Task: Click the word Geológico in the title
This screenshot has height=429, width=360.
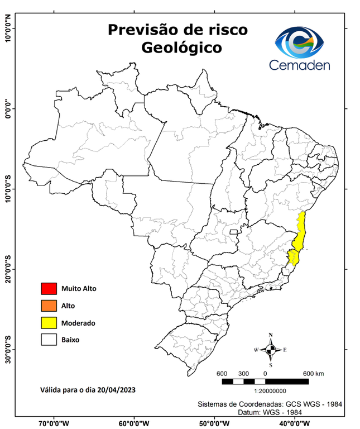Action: click(x=181, y=48)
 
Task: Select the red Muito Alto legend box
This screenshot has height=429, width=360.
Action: click(x=49, y=289)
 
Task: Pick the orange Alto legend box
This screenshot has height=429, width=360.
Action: click(x=49, y=306)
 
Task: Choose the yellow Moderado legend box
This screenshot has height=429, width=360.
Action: click(x=49, y=322)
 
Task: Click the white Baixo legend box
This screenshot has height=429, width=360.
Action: click(x=49, y=339)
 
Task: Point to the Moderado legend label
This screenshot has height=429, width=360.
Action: click(x=79, y=323)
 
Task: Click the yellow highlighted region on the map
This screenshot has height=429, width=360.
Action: click(x=301, y=235)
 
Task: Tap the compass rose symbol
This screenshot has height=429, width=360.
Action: click(x=271, y=350)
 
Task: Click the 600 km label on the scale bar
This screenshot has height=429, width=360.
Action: click(x=314, y=373)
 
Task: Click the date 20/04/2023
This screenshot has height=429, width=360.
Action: click(x=115, y=389)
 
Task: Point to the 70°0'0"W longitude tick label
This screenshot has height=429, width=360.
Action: click(x=54, y=423)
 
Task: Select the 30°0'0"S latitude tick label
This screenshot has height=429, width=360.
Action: click(x=8, y=349)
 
